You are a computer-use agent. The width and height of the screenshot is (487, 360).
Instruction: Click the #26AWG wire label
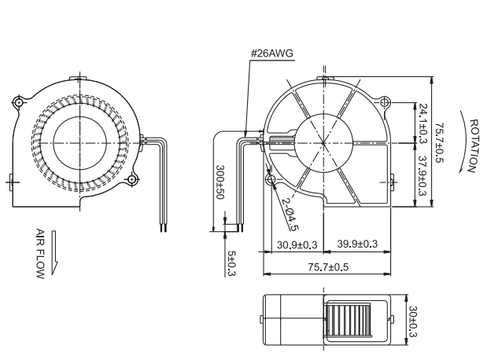point(271,53)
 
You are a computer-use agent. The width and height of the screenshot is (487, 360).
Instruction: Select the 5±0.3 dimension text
point(231,263)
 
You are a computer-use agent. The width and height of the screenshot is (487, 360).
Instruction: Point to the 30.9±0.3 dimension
point(297,245)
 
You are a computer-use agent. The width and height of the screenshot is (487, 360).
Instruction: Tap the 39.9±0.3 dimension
point(357,244)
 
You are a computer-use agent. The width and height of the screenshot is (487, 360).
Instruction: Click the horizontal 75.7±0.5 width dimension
point(328,267)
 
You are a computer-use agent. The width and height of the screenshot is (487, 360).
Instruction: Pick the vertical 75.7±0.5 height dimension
point(439,143)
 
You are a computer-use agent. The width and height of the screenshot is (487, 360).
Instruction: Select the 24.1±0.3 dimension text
point(423,123)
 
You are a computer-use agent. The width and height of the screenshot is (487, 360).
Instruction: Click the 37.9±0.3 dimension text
point(423,175)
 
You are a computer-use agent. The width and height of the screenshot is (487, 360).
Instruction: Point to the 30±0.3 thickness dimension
point(413,321)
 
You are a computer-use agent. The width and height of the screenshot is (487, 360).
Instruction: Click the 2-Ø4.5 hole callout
point(290,214)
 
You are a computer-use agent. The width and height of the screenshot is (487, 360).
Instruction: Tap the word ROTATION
point(473,146)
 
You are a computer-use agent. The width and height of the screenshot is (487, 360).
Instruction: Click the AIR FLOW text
point(40,254)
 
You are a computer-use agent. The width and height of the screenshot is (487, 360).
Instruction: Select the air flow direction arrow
point(54,252)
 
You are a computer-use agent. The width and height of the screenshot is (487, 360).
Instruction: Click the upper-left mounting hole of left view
point(18,102)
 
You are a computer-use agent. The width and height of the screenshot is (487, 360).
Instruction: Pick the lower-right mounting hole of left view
point(131,179)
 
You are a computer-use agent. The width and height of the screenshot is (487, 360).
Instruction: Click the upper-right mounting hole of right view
point(386,101)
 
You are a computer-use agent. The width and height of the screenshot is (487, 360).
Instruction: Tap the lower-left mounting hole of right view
point(271,179)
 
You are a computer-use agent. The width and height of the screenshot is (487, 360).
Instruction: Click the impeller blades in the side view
point(347,321)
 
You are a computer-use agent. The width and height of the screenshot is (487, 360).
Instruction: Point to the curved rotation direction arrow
point(467,141)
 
